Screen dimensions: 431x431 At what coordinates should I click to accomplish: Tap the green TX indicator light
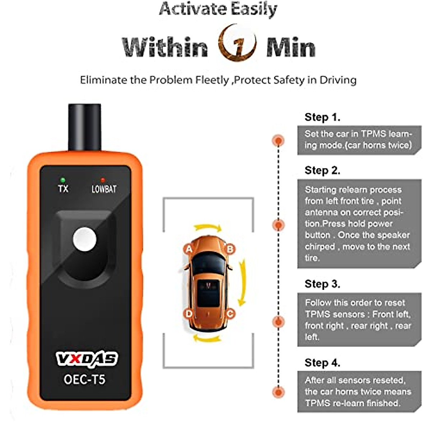pos(63,180)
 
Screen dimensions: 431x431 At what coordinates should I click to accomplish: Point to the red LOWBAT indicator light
pos(103,180)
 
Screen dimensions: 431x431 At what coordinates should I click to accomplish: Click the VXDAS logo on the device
pos(87,358)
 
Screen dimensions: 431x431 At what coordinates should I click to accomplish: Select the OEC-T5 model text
pos(84,379)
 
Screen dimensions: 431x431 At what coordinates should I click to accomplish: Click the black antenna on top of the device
pos(84,127)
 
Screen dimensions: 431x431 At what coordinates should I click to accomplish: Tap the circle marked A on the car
pos(189,249)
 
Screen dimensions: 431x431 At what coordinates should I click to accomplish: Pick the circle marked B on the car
pos(230,249)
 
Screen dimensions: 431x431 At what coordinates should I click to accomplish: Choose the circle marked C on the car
pos(230,314)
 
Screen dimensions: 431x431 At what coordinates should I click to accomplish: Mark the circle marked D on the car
pos(189,314)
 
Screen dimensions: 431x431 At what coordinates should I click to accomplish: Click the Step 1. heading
pos(322,117)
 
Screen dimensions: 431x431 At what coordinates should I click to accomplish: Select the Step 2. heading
pos(322,170)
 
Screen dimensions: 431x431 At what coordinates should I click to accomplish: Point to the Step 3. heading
pos(322,284)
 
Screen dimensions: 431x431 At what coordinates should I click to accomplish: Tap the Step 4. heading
pos(322,363)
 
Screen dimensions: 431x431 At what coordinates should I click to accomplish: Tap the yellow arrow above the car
pos(208,228)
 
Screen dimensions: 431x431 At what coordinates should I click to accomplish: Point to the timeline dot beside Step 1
pos(278,140)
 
